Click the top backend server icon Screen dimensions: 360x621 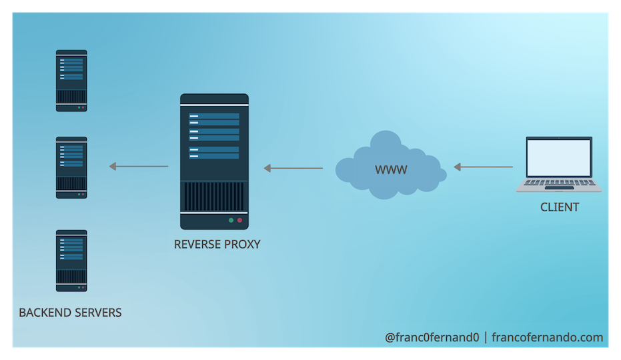71,80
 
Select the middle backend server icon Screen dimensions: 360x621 71,167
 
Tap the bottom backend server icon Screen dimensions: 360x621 71,261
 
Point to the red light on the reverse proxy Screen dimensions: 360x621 239,220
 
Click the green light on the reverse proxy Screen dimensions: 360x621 231,220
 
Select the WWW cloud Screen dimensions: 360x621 390,167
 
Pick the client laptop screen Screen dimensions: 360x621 559,157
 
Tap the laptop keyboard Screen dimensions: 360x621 559,183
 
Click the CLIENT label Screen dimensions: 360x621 559,207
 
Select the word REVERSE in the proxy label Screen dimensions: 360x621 196,245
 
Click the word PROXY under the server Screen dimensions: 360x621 241,245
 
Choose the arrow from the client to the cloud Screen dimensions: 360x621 483,167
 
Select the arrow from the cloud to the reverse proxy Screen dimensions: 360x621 293,168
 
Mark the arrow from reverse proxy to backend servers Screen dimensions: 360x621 139,167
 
